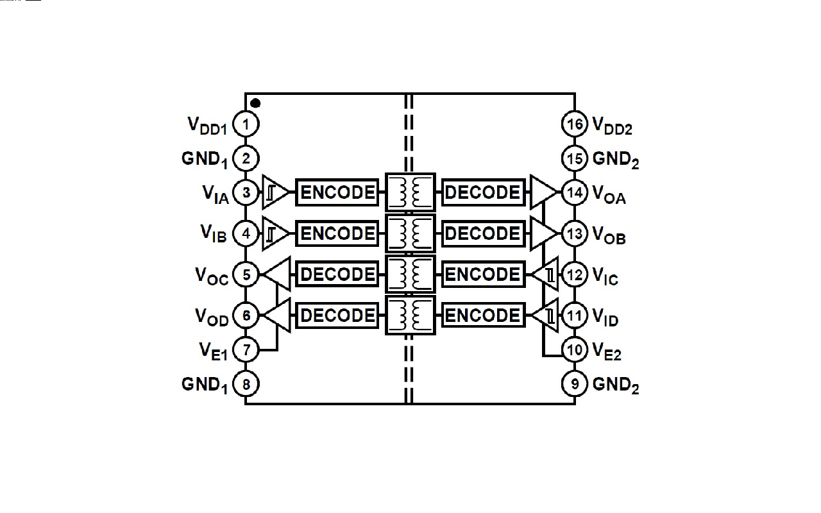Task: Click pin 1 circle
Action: pyautogui.click(x=246, y=124)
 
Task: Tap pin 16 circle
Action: pyautogui.click(x=575, y=124)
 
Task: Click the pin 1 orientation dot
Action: pyautogui.click(x=255, y=103)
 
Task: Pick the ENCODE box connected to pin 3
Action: pyautogui.click(x=337, y=192)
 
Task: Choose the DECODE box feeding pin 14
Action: pyautogui.click(x=482, y=192)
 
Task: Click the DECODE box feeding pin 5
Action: pyautogui.click(x=337, y=274)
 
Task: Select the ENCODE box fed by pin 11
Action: pyautogui.click(x=482, y=315)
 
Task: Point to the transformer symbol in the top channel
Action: pyautogui.click(x=410, y=192)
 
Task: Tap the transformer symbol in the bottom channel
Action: pyautogui.click(x=410, y=315)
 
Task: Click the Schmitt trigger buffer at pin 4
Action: pyautogui.click(x=274, y=233)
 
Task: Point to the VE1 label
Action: pyautogui.click(x=214, y=350)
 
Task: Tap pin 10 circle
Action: pyautogui.click(x=575, y=349)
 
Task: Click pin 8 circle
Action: pyautogui.click(x=246, y=384)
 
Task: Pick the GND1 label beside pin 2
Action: pyautogui.click(x=205, y=159)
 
